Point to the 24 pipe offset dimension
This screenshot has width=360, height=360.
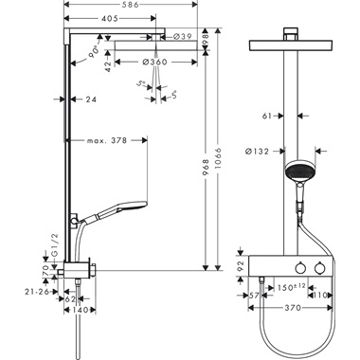click(91, 98)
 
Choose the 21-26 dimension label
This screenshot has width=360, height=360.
click(35, 292)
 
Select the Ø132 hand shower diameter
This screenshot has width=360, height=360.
click(263, 150)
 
